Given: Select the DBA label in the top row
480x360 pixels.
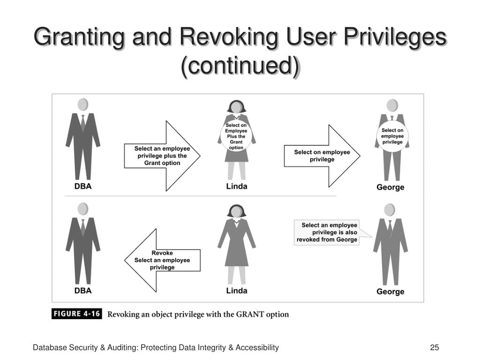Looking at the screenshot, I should coord(82,186).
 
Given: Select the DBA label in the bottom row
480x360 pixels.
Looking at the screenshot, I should coord(82,291).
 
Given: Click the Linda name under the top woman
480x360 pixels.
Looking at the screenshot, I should coord(237,186).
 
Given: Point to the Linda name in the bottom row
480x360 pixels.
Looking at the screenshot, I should coord(237,291).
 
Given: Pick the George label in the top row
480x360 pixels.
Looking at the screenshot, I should coord(390,187).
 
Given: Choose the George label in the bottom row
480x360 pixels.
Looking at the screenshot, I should coord(390,292).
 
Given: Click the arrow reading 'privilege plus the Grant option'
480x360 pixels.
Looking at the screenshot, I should coord(162,156).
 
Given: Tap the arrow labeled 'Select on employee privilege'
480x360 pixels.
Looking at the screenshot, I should coord(322,156).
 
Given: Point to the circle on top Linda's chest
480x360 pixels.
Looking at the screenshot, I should coord(236,136).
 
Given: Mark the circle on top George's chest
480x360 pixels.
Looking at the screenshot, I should coord(392,136).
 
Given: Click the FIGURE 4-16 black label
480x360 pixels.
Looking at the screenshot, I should coord(76,314).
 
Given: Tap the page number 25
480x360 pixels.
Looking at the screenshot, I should coord(434,347).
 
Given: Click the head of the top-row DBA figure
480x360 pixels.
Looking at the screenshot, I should coord(82,104).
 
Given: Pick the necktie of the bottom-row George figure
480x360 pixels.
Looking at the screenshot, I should coord(390,228).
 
